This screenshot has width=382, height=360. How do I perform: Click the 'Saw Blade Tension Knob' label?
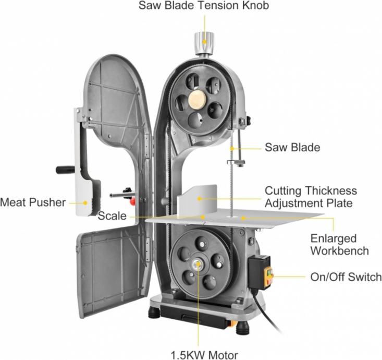pyautogui.click(x=204, y=7)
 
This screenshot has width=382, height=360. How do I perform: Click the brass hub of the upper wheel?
pyautogui.click(x=198, y=99)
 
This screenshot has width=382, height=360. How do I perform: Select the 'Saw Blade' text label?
pyautogui.click(x=292, y=148)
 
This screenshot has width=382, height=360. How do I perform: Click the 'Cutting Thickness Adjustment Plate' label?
pyautogui.click(x=311, y=197)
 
